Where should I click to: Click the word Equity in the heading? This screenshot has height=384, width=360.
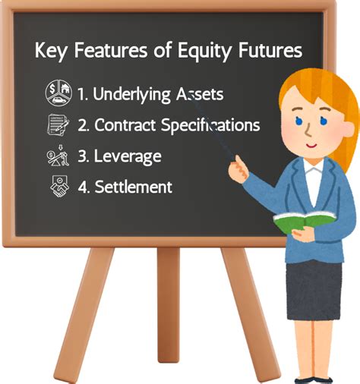(x=205, y=52)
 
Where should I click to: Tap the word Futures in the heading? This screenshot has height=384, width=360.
(x=267, y=52)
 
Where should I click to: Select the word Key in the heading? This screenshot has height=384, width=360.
(x=51, y=52)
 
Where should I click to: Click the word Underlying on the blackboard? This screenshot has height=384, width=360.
(x=134, y=96)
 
